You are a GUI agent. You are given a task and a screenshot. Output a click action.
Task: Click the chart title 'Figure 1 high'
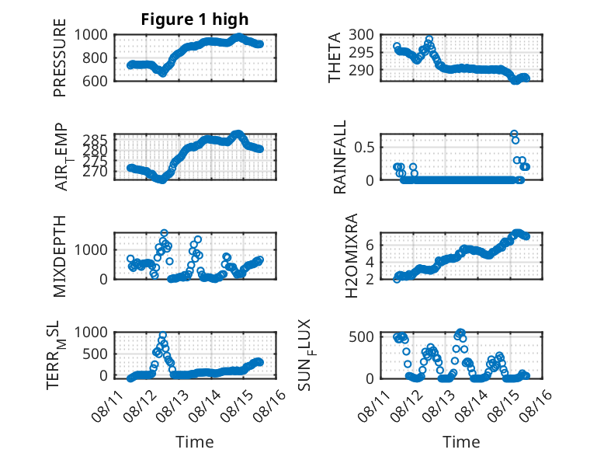(x=195, y=19)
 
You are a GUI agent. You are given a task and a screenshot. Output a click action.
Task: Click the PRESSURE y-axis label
(x=60, y=57)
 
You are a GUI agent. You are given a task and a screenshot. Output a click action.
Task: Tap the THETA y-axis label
(x=335, y=57)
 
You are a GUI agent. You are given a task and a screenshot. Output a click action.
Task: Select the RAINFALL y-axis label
(x=340, y=156)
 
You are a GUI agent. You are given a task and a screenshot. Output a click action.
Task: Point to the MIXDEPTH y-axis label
(x=60, y=256)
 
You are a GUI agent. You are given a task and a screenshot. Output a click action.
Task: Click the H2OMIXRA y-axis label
(x=352, y=256)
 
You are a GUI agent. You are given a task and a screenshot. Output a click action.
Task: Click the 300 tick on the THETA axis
(x=361, y=35)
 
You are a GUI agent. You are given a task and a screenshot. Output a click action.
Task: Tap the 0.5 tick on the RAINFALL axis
(x=364, y=148)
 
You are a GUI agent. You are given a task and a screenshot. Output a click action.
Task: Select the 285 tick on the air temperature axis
(x=95, y=139)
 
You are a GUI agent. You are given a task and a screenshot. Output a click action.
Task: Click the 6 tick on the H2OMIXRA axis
(x=370, y=245)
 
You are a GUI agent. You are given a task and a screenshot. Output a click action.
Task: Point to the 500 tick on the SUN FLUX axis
(x=361, y=336)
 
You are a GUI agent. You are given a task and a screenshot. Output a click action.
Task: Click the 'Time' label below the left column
(x=195, y=441)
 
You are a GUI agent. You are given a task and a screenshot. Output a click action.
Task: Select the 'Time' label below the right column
(x=461, y=441)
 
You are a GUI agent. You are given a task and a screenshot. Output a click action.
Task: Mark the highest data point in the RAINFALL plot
(x=514, y=134)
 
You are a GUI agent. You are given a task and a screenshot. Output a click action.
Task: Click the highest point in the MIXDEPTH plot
(x=164, y=233)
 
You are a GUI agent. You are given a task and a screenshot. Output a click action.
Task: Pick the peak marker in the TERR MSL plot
(x=163, y=335)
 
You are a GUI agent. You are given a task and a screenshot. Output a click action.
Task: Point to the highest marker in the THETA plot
(x=429, y=40)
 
